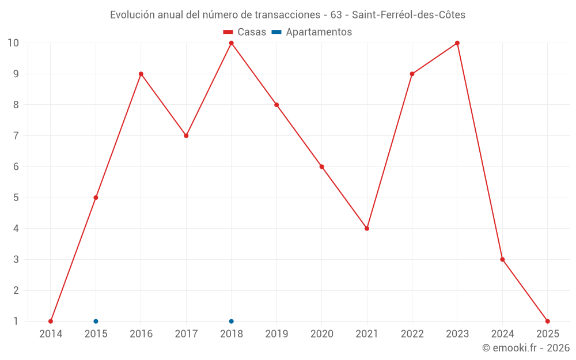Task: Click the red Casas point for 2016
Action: (x=141, y=74)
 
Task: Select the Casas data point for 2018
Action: (x=232, y=43)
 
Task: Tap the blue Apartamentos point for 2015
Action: (x=96, y=321)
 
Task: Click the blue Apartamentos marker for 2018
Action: (x=232, y=321)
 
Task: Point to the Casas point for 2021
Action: (x=367, y=229)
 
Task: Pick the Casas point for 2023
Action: (x=457, y=43)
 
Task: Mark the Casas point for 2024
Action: (x=502, y=259)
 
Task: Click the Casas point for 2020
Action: (x=322, y=166)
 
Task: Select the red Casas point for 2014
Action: (x=51, y=321)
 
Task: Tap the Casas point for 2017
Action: (x=186, y=136)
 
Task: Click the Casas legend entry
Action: (x=245, y=32)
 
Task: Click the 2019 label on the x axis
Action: (x=276, y=334)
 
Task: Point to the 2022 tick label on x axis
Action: (x=412, y=334)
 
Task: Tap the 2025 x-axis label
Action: (x=547, y=334)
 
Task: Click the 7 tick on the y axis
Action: (x=16, y=136)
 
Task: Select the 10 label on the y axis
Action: (x=13, y=43)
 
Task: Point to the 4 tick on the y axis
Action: (x=16, y=229)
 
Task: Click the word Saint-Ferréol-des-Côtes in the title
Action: (x=410, y=14)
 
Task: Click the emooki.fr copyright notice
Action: (x=526, y=348)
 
